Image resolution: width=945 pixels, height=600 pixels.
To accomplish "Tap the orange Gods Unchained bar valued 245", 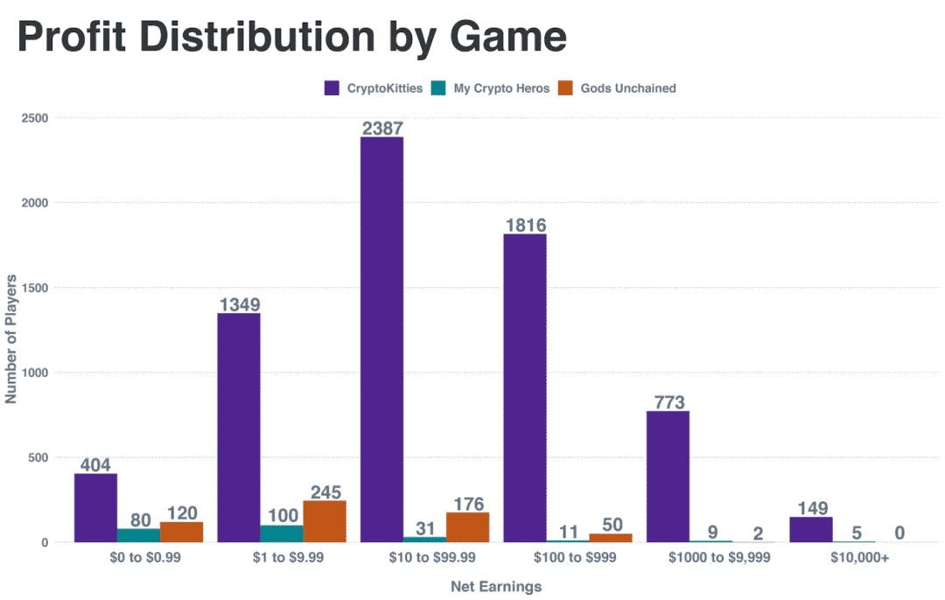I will coord(325,521).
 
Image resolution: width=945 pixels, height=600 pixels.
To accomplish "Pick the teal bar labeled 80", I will coord(138,535).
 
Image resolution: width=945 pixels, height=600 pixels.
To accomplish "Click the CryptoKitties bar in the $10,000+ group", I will coord(810,529).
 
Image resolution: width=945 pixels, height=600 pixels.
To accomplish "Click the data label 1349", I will coord(239,305).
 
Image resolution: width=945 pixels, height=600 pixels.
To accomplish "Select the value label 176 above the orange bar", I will coord(467,504).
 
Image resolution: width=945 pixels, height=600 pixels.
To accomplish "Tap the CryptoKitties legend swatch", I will coord(332,88).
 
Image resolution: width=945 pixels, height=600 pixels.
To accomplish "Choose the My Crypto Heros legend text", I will coord(501,88).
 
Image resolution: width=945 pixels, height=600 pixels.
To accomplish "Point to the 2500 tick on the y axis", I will coord(36,117).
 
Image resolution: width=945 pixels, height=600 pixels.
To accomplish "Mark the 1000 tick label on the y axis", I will coord(36,373).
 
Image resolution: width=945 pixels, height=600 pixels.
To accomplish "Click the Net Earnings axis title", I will coord(496,587).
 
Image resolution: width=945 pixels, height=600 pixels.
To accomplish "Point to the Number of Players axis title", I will coord(11,338).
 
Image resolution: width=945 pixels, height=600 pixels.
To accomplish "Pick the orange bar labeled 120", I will coord(181,532).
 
